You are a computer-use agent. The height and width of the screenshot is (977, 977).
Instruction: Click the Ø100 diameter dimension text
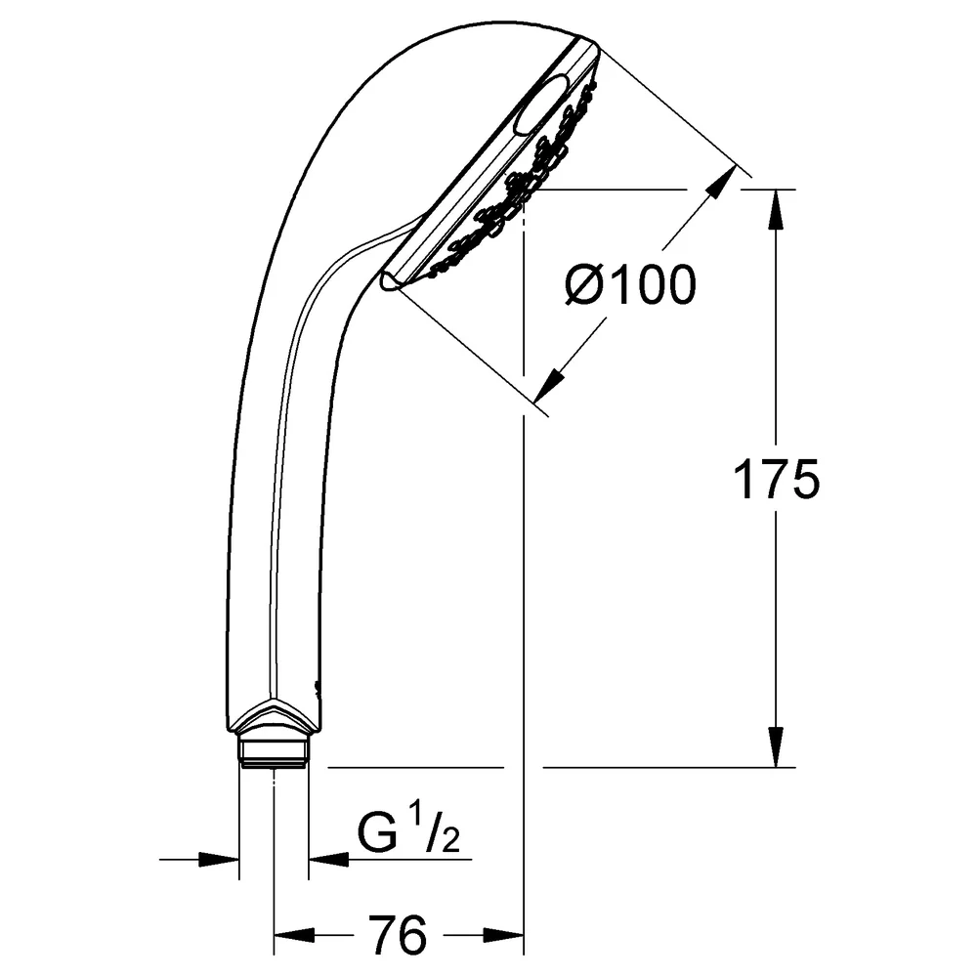click(630, 284)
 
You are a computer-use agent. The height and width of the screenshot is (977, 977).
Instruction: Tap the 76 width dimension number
click(398, 935)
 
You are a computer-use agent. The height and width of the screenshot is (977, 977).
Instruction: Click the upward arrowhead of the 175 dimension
click(776, 209)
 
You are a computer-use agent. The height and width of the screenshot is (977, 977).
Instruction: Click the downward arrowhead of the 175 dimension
click(776, 747)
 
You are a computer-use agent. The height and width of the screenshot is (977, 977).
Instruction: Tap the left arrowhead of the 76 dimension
click(294, 935)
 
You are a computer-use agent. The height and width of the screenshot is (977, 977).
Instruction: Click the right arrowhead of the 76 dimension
click(503, 935)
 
